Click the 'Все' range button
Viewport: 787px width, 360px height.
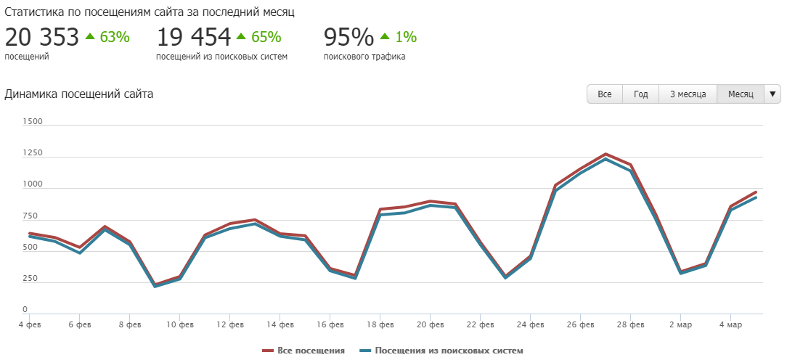click(605, 94)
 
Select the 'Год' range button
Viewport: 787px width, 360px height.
click(640, 94)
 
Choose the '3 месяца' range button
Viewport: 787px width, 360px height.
click(688, 94)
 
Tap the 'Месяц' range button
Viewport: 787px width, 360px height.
click(741, 94)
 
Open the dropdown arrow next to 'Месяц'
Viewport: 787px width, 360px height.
click(772, 94)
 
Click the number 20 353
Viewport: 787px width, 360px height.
click(41, 36)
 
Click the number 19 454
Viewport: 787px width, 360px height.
click(193, 36)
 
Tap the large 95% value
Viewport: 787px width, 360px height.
click(348, 36)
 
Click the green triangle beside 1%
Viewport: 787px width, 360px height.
click(385, 36)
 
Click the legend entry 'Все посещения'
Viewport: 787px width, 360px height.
click(303, 351)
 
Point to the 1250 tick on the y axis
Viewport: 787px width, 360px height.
click(33, 154)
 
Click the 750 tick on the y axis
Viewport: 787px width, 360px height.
click(31, 217)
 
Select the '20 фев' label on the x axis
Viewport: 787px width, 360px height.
click(431, 324)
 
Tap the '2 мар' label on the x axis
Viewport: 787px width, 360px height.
click(680, 324)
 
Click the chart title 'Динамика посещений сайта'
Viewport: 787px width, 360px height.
click(78, 94)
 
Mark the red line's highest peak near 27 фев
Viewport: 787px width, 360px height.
click(605, 154)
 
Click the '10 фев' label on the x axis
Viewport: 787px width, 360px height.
click(180, 324)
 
